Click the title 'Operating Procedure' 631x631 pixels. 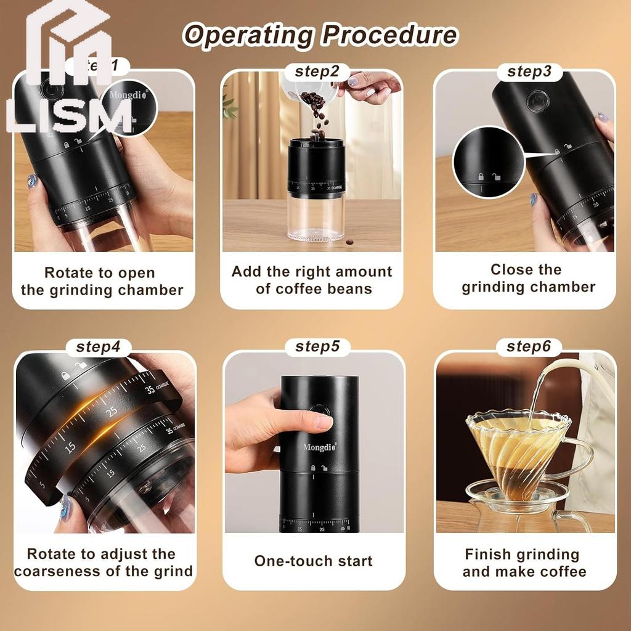click(x=320, y=35)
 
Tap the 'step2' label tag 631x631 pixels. click(x=317, y=71)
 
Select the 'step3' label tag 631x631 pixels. click(x=529, y=71)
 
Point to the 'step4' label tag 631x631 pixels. click(x=98, y=346)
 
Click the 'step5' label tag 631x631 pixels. click(x=317, y=346)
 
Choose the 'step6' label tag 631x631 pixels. click(x=528, y=346)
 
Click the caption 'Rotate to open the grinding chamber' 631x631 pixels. click(x=102, y=281)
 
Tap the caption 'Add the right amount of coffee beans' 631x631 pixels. click(x=312, y=280)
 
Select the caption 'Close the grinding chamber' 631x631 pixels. click(x=528, y=278)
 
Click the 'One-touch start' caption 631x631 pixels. click(x=313, y=561)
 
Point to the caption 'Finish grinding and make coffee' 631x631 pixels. click(x=524, y=563)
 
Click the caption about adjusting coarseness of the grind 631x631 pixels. click(x=103, y=563)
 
